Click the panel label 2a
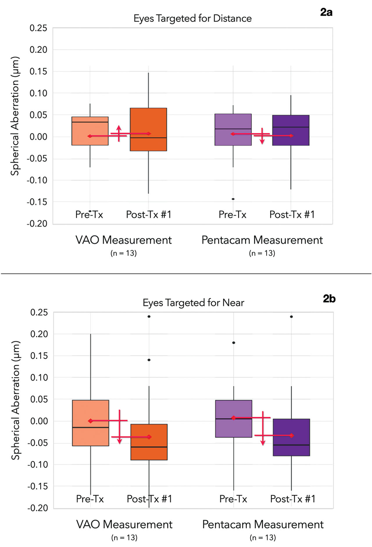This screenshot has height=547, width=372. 326,12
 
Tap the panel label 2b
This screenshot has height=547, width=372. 329,299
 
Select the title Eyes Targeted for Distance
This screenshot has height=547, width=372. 192,18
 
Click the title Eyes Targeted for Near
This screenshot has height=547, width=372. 193,303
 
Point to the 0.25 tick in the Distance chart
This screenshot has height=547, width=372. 38,28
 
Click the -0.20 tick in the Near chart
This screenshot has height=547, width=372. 38,508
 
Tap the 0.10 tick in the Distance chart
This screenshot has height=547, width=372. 38,93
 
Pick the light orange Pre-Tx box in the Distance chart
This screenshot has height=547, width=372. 90,131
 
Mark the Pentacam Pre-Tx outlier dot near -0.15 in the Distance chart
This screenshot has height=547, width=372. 233,199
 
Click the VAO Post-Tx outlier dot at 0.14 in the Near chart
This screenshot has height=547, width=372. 149,360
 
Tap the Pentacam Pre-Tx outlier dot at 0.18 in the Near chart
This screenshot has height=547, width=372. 234,343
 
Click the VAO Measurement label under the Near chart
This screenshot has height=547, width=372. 124,524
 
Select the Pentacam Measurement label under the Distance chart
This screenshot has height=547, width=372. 262,240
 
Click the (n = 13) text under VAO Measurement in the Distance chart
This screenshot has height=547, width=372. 124,253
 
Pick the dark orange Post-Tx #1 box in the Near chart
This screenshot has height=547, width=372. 149,442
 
